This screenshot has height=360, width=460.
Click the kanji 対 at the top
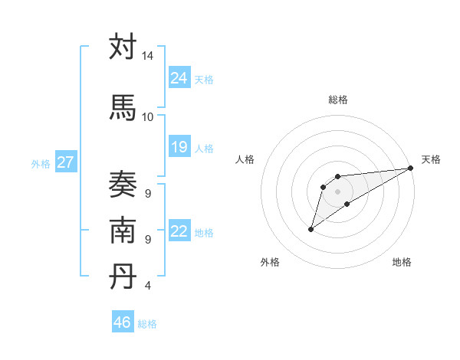(x=123, y=47)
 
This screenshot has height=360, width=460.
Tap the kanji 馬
(x=123, y=107)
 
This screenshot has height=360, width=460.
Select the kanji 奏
(x=123, y=185)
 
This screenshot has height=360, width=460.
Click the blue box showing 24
(x=179, y=78)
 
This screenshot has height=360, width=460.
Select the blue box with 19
(x=179, y=147)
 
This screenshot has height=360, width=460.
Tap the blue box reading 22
(x=179, y=231)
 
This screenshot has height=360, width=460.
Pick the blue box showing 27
(x=65, y=162)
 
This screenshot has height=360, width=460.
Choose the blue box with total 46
(x=123, y=322)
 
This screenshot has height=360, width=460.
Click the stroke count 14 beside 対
(x=147, y=56)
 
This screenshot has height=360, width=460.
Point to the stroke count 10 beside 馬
(x=147, y=116)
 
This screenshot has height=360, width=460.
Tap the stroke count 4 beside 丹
(x=147, y=286)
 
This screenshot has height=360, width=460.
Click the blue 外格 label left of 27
(x=41, y=163)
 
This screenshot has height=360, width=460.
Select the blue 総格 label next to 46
(x=147, y=323)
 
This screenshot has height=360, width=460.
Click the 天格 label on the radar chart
(x=431, y=159)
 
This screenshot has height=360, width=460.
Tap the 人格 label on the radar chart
(x=245, y=159)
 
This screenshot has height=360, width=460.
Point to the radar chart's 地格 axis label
(x=402, y=262)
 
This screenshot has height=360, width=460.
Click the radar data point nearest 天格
(x=410, y=168)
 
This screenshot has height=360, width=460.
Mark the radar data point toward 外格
(x=310, y=229)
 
